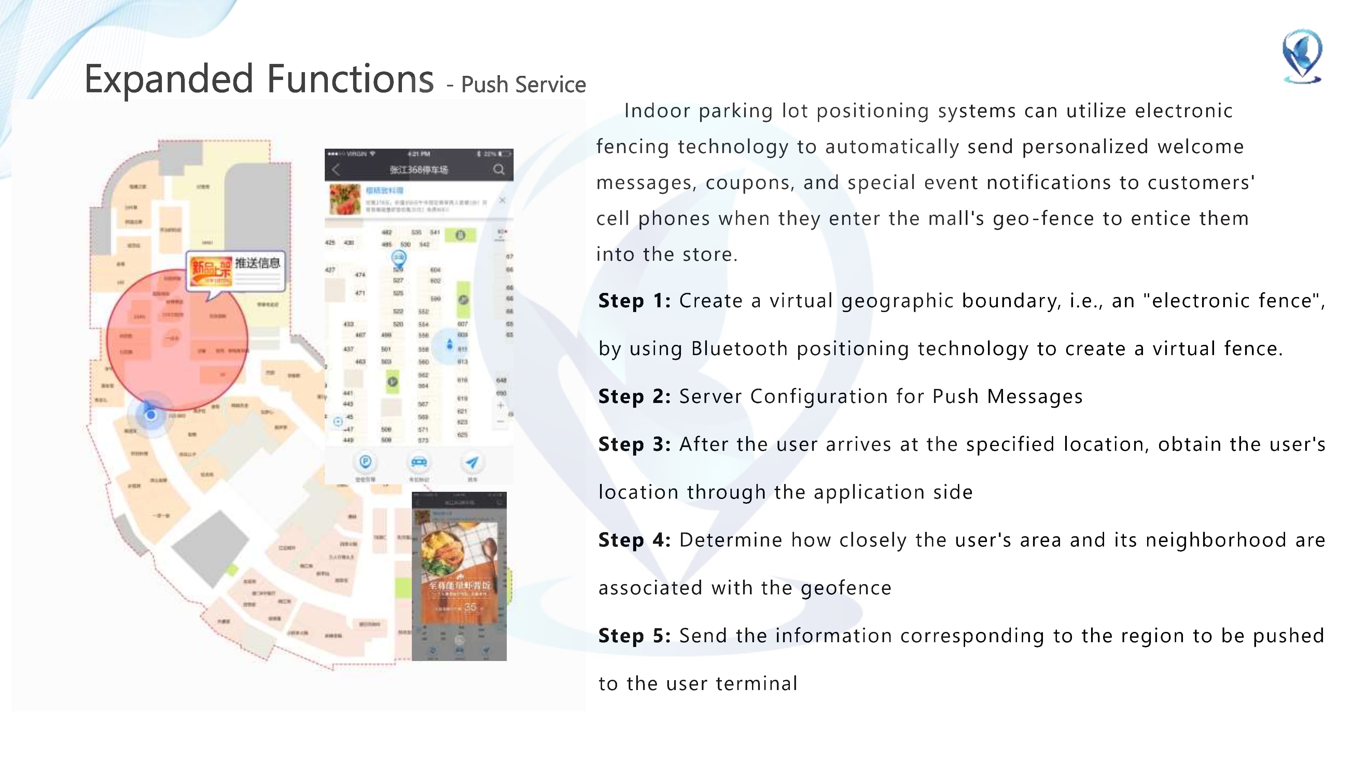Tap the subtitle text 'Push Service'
coord(524,85)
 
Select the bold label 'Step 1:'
coord(634,301)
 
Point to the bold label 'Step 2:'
coord(634,396)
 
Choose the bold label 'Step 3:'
coord(634,444)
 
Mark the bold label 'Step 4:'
coord(634,540)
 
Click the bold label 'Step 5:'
coord(634,635)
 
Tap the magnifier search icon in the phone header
coord(499,169)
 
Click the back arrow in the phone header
coord(336,169)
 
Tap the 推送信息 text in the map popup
coord(258,263)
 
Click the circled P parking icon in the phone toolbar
coord(365,462)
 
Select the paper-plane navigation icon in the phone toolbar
coord(471,462)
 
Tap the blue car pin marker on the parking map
coord(398,258)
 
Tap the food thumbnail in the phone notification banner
coord(345,199)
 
